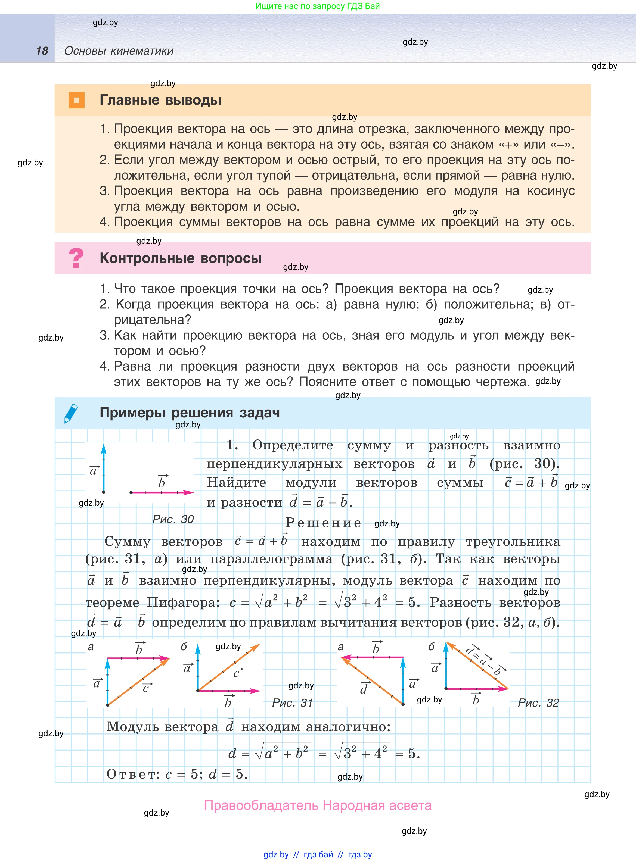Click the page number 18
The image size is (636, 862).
42,51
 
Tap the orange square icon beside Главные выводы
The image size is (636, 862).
76,100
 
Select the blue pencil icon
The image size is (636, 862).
71,413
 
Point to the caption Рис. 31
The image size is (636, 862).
292,703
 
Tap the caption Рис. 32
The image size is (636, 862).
538,703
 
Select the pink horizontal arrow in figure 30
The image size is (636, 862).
162,492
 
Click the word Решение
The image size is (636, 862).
323,523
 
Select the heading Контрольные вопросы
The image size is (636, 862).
181,258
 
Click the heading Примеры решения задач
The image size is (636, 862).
190,413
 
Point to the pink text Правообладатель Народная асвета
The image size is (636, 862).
318,805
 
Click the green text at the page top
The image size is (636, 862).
318,6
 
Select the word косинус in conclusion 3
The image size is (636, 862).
551,191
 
